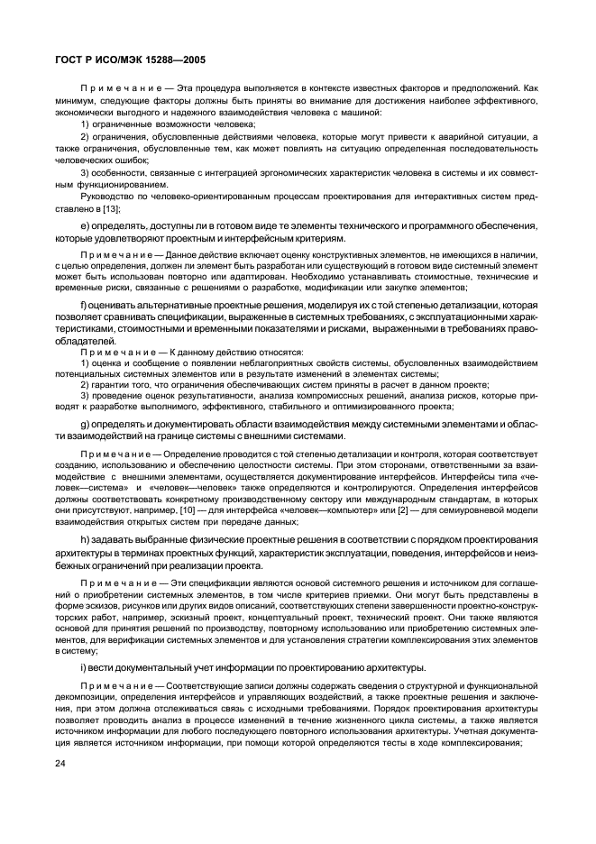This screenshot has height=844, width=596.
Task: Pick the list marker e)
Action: pyautogui.click(x=86, y=225)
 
